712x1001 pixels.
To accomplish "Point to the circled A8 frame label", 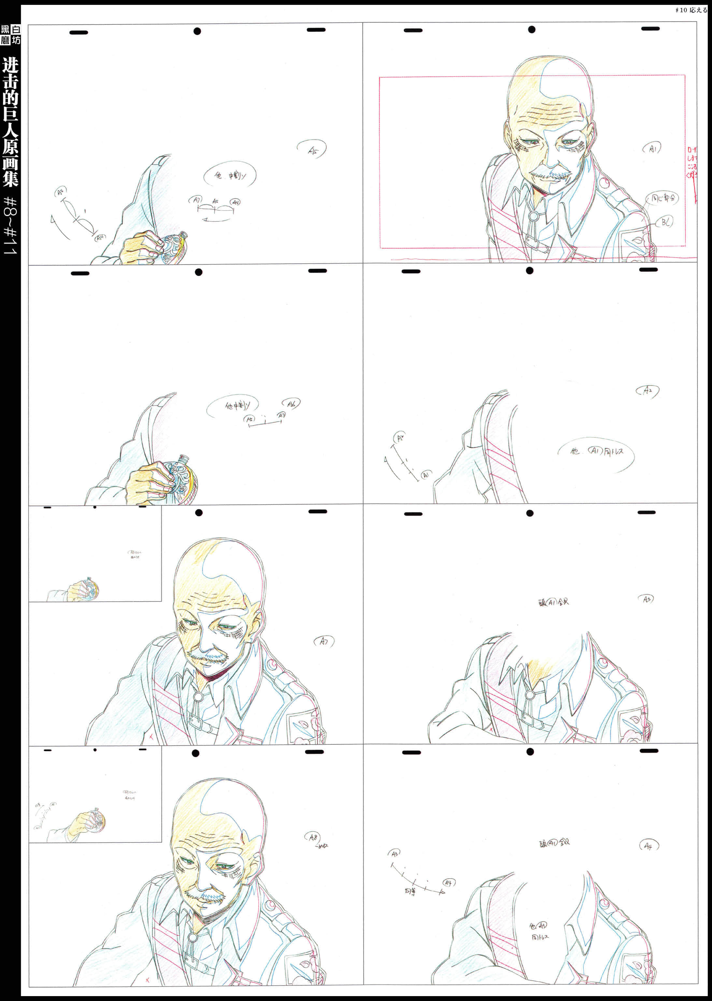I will (313, 837).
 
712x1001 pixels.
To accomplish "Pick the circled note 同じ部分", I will (662, 198).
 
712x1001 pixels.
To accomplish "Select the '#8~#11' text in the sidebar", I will (10, 226).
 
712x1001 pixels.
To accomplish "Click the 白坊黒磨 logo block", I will (10, 35).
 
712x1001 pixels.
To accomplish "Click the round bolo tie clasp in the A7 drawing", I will (198, 697).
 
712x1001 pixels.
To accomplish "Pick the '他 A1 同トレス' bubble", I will (596, 451).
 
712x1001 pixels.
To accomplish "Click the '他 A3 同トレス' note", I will (539, 931).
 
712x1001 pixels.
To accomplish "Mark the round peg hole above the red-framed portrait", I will (531, 29).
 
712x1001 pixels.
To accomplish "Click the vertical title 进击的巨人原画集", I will (10, 121).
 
